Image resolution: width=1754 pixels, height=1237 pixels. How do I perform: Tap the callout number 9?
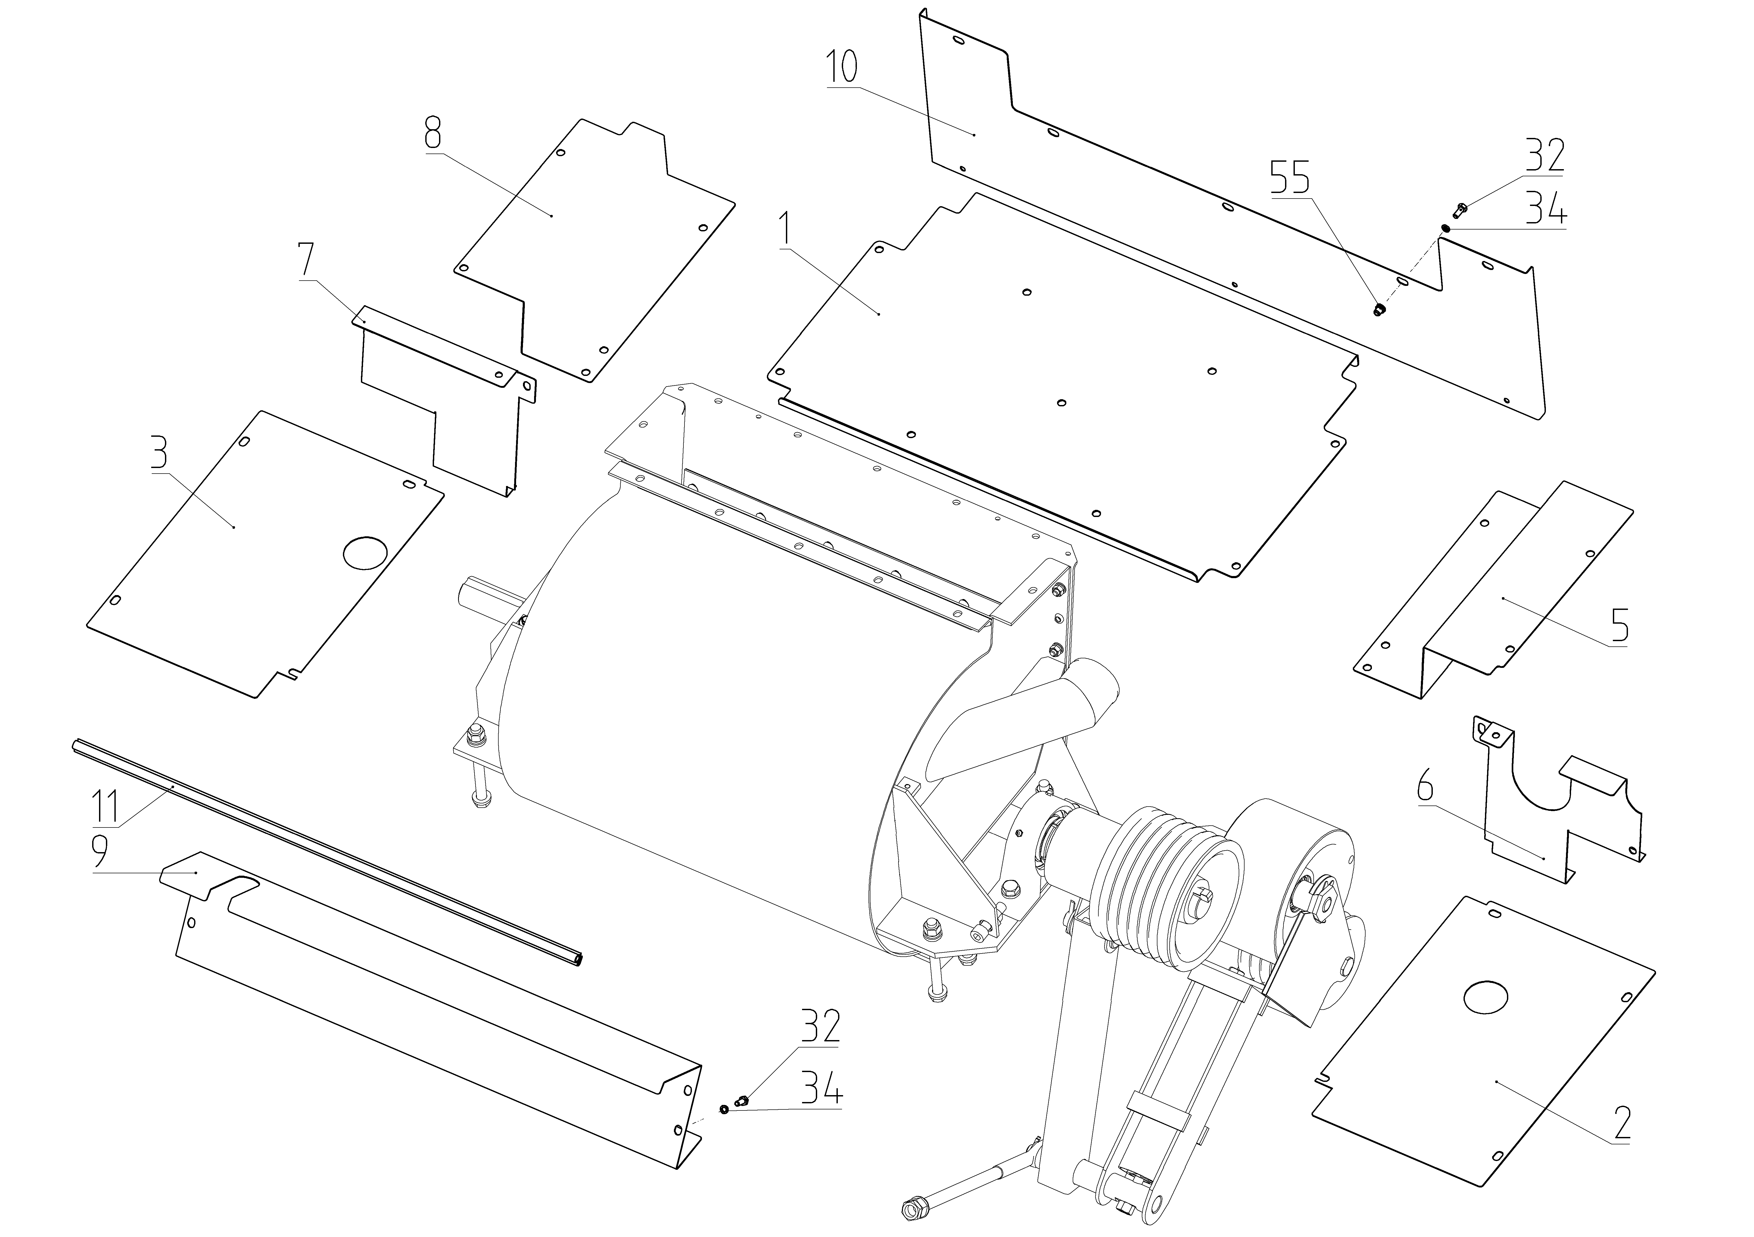tap(101, 851)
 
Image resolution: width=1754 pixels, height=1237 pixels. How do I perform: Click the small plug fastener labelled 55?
tap(1379, 309)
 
